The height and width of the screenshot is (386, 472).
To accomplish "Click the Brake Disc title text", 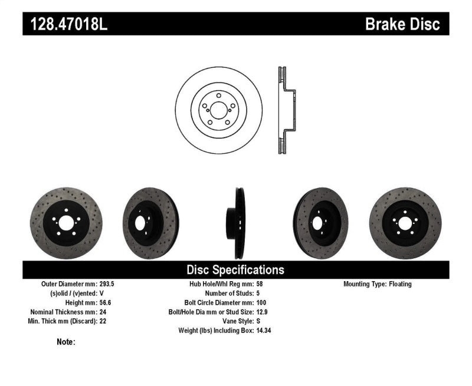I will coord(402,24).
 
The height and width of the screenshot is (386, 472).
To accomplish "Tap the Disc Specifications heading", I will coord(235,270).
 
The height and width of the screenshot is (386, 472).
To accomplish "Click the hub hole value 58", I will coord(260,284).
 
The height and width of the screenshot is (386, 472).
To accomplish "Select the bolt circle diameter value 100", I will coord(261,303).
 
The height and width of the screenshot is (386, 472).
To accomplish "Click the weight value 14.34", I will coord(264,331).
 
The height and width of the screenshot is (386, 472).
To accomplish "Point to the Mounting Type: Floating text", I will coord(378,284).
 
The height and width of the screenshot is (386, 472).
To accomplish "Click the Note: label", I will coord(66,342).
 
